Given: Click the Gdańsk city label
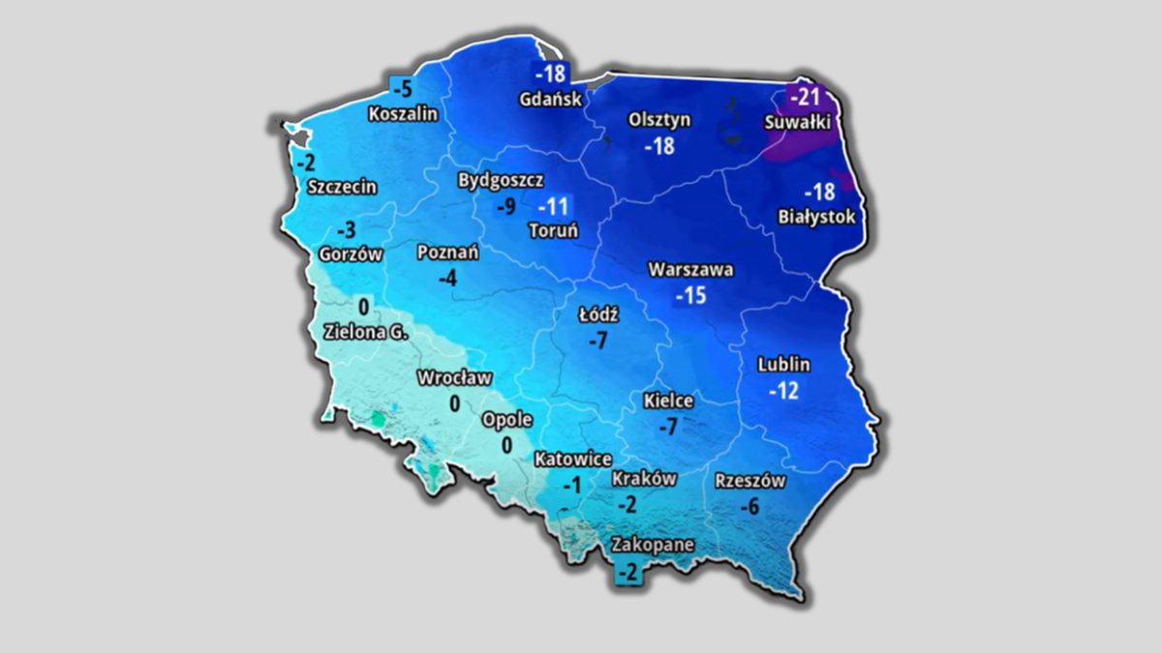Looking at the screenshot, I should [x=550, y=99].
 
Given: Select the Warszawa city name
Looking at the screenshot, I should [x=690, y=271].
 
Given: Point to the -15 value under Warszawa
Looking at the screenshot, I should [x=690, y=295].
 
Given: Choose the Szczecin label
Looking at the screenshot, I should [x=342, y=187].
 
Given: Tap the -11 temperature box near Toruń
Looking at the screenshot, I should [x=554, y=206].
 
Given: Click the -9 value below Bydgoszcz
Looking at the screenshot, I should [x=505, y=206].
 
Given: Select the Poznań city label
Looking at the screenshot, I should [x=447, y=252].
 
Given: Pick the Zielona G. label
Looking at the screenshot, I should [x=366, y=331].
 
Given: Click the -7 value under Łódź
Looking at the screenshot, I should [x=597, y=340].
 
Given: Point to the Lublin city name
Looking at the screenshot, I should [x=783, y=366].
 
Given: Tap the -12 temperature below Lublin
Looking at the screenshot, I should [x=783, y=391].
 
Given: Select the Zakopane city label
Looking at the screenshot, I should [x=652, y=545].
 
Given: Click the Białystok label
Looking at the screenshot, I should [x=817, y=217].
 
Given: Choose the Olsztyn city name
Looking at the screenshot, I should [x=659, y=120].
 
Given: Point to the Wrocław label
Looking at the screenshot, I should [x=454, y=377].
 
